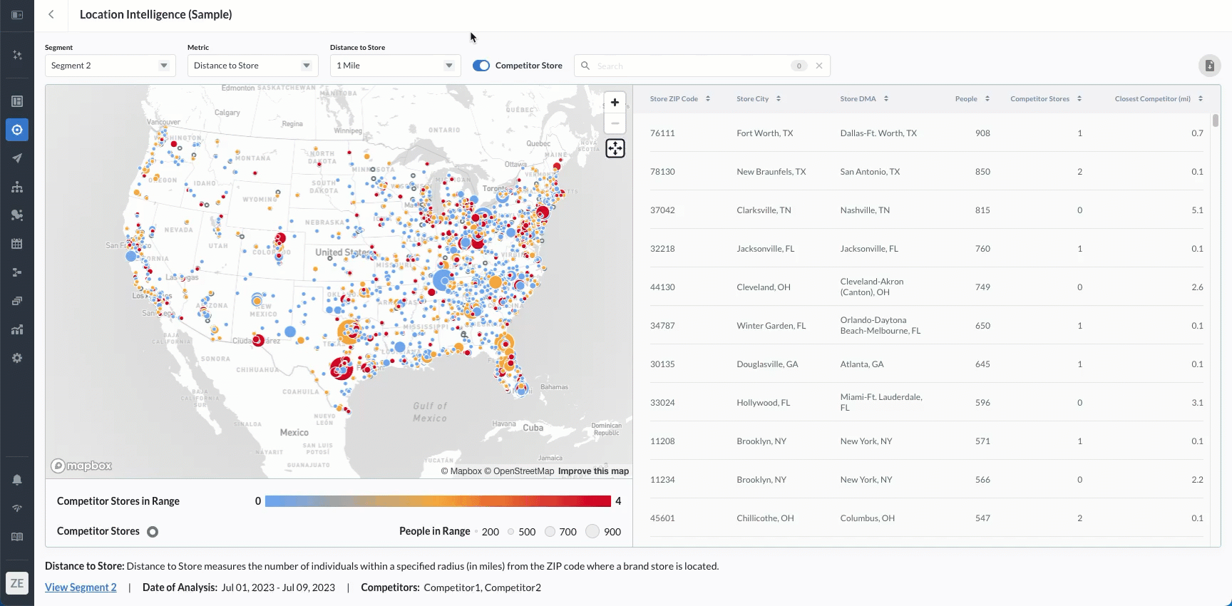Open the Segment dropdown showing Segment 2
110,66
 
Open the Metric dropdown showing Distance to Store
252,66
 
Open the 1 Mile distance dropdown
395,66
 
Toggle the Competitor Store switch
481,66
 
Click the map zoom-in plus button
615,103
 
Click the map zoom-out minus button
615,123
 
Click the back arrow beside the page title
51,14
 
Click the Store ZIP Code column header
674,99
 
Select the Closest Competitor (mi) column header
1152,99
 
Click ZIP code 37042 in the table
662,210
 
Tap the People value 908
982,133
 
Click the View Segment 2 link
81,587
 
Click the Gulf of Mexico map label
430,412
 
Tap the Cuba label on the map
533,428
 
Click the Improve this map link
593,471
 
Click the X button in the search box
819,66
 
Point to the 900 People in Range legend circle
592,532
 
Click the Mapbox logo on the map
81,466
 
